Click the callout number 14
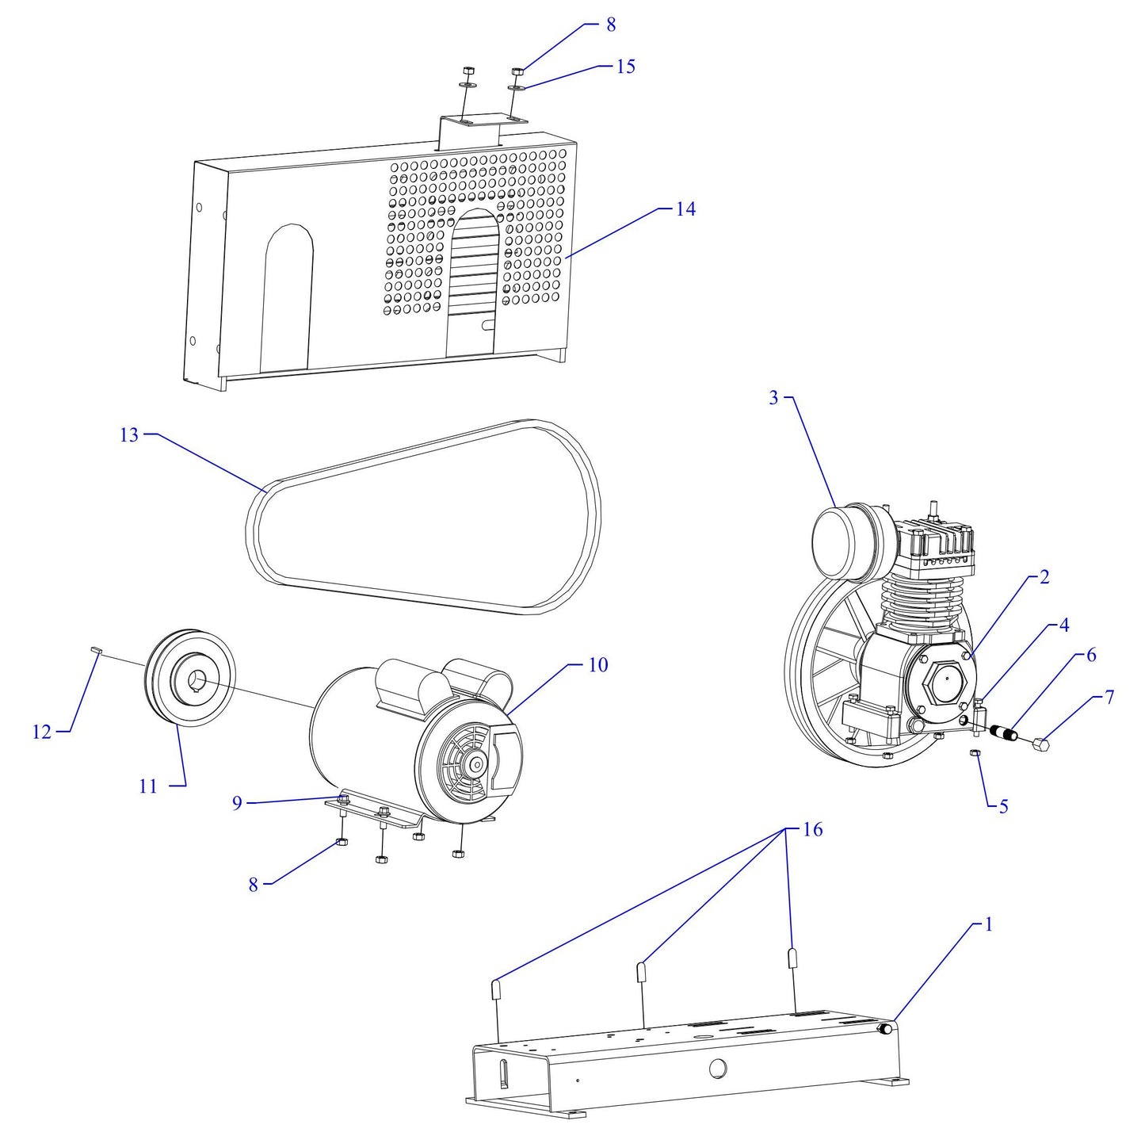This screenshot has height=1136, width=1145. pyautogui.click(x=685, y=209)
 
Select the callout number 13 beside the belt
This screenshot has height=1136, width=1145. pyautogui.click(x=129, y=435)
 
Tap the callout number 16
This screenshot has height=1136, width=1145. pyautogui.click(x=812, y=830)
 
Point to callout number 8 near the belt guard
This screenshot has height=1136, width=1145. pyautogui.click(x=611, y=25)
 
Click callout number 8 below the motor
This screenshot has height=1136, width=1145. pyautogui.click(x=254, y=885)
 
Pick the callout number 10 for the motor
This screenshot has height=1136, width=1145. pyautogui.click(x=598, y=665)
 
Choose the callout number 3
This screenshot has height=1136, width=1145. pyautogui.click(x=774, y=398)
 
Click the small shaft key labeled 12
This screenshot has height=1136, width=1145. pyautogui.click(x=96, y=649)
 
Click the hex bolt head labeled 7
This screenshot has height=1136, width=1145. pyautogui.click(x=1042, y=744)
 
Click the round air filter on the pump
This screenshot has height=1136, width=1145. pyautogui.click(x=842, y=543)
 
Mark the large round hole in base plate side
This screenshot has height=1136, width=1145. pyautogui.click(x=717, y=1068)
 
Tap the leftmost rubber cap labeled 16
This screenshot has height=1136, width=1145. pyautogui.click(x=497, y=989)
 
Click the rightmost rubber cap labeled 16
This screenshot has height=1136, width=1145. pyautogui.click(x=792, y=958)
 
